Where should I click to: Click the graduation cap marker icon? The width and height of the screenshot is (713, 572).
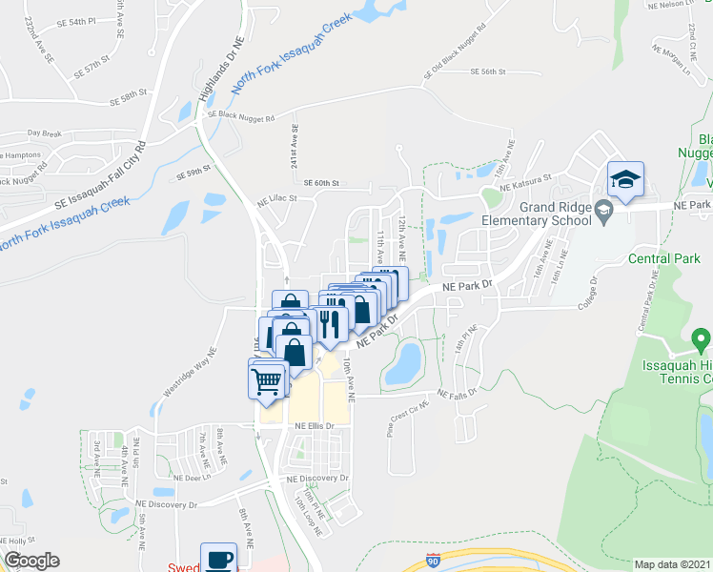click(x=625, y=180)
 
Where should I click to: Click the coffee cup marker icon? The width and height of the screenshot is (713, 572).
click(x=217, y=558)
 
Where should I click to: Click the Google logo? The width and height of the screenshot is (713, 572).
click(x=31, y=561)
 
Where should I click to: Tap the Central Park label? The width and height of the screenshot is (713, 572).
click(x=664, y=258)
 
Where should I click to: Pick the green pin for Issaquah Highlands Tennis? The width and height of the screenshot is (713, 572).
click(x=701, y=338)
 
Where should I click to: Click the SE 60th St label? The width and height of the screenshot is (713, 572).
click(x=321, y=183)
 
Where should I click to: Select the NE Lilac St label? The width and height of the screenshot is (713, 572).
click(x=277, y=200)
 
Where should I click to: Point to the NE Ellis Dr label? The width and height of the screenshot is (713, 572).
click(x=315, y=425)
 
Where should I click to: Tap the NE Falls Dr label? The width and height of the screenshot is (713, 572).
click(x=457, y=394)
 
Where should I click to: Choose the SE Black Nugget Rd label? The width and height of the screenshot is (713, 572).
click(x=241, y=116)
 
